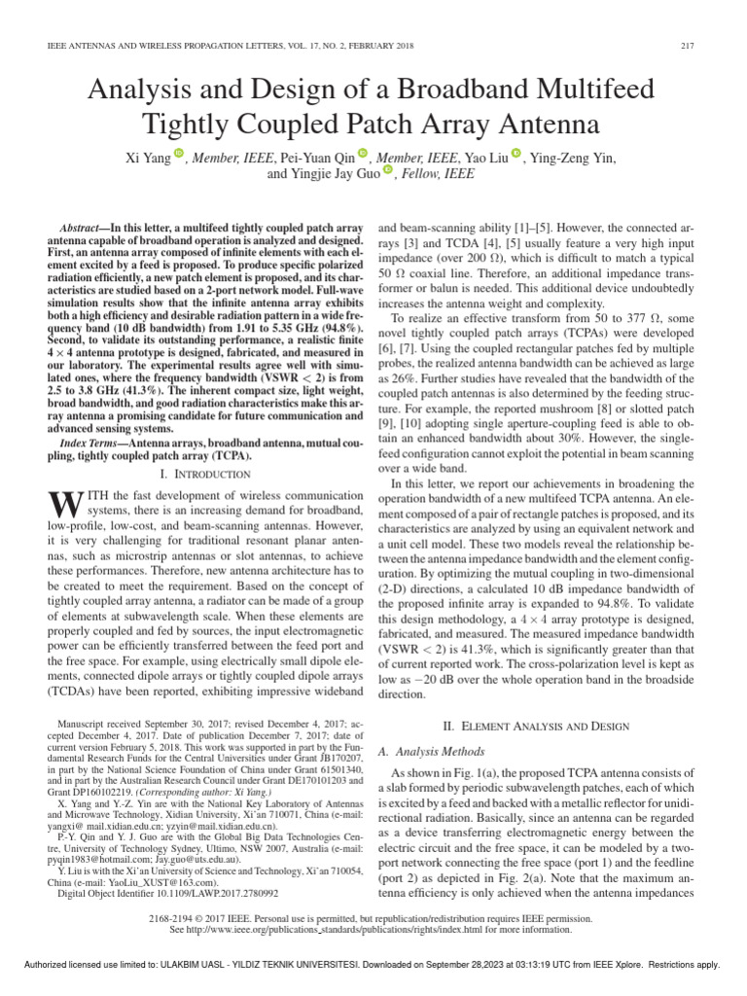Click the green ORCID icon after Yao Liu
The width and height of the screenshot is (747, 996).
coord(516,154)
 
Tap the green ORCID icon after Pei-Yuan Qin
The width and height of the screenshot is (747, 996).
coord(363,154)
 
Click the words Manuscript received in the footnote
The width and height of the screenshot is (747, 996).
coord(102,725)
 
